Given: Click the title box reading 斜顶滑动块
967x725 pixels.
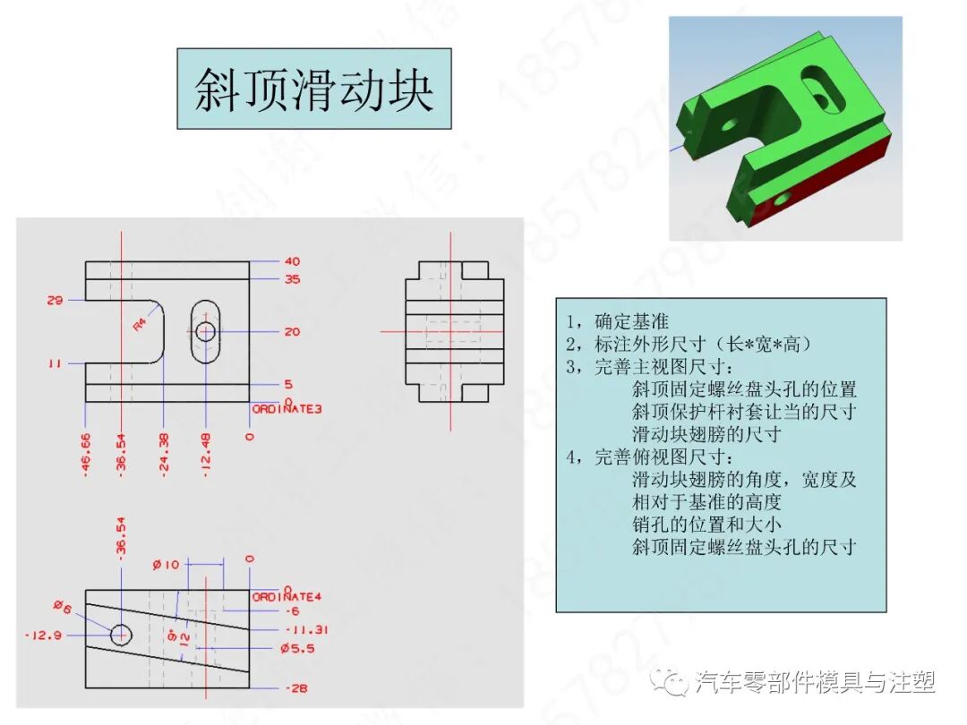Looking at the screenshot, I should pyautogui.click(x=313, y=89).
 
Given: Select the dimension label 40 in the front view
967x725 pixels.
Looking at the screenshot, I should pyautogui.click(x=292, y=261).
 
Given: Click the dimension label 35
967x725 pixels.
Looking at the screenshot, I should pyautogui.click(x=292, y=279).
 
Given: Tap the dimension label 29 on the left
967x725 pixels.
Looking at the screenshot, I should pyautogui.click(x=55, y=301).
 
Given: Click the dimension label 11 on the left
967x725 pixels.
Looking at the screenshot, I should pyautogui.click(x=55, y=364).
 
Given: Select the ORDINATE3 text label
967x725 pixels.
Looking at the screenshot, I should pyautogui.click(x=287, y=409).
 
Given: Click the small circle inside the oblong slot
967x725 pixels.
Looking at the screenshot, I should pyautogui.click(x=206, y=332).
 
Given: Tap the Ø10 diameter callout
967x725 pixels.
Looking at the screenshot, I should pyautogui.click(x=166, y=565).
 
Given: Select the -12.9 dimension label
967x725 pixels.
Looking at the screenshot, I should pyautogui.click(x=43, y=635).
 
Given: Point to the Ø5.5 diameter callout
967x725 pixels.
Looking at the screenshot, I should pyautogui.click(x=297, y=648).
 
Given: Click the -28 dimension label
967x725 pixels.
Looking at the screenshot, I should pyautogui.click(x=295, y=688).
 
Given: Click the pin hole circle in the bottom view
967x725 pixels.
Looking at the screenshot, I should pyautogui.click(x=121, y=635).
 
